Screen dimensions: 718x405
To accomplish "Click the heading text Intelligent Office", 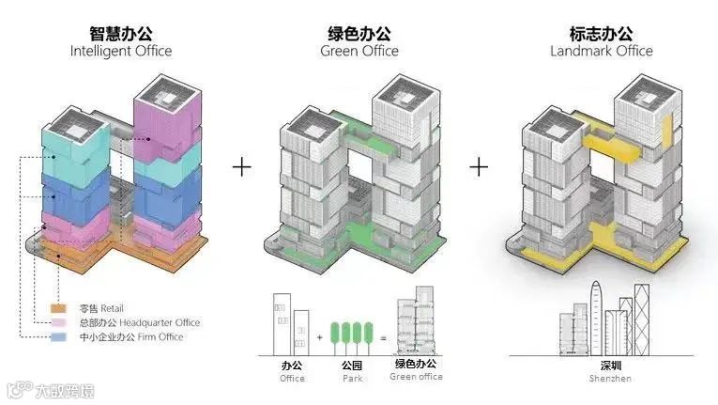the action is (x=121, y=51).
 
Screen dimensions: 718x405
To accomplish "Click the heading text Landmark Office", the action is (x=601, y=51).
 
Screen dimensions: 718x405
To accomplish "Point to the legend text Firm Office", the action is (x=149, y=336).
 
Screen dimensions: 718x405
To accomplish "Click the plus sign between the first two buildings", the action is (x=242, y=167).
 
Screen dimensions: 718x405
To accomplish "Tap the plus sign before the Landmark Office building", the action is (x=480, y=167).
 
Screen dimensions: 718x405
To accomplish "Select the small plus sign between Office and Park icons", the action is (x=319, y=335).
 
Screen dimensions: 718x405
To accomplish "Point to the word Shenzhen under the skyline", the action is (x=611, y=379).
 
